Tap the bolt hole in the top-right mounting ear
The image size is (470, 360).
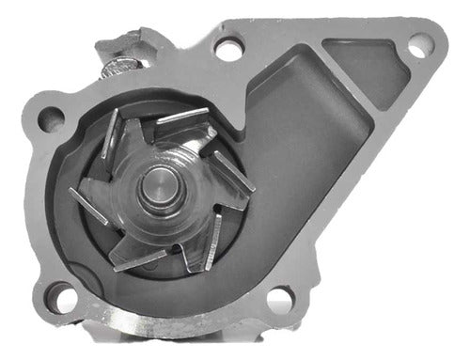[419, 44]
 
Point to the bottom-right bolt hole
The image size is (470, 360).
[280, 301]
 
